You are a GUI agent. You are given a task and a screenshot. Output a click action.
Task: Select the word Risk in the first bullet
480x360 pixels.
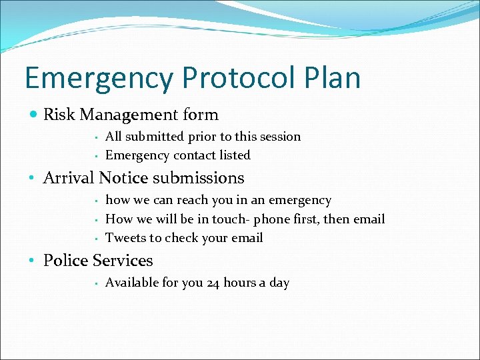point(59,115)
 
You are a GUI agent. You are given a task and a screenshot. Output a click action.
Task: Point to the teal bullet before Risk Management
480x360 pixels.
point(34,115)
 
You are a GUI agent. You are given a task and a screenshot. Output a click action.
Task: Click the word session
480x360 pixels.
point(279,137)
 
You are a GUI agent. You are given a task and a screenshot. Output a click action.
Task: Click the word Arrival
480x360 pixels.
point(69,178)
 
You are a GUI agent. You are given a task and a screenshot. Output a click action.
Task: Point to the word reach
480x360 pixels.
point(193,200)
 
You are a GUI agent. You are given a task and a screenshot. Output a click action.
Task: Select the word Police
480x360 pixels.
point(67,261)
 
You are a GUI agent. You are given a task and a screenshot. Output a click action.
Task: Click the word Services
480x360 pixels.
point(124,261)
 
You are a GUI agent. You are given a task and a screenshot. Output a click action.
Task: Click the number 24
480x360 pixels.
point(213,283)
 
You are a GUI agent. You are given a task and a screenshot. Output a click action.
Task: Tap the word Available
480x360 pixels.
point(132,283)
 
